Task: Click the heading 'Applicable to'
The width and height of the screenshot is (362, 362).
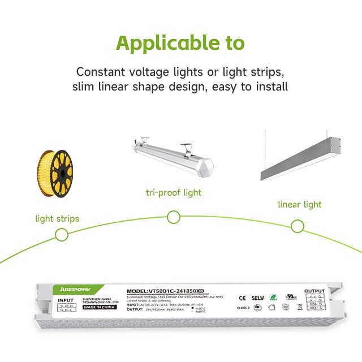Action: pyautogui.click(x=180, y=44)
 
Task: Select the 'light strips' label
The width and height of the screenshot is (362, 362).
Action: pyautogui.click(x=57, y=218)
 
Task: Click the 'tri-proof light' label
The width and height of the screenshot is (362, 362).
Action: pyautogui.click(x=173, y=192)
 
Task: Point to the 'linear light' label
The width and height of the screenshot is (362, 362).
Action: pyautogui.click(x=299, y=204)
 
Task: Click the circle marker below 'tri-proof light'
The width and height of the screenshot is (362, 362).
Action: pyautogui.click(x=174, y=217)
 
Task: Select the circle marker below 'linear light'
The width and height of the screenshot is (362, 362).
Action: pyautogui.click(x=298, y=226)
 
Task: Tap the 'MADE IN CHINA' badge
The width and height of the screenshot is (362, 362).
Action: pyautogui.click(x=103, y=308)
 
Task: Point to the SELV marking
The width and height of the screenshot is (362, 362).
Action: pyautogui.click(x=258, y=296)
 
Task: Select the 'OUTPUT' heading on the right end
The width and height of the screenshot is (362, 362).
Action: pyautogui.click(x=314, y=291)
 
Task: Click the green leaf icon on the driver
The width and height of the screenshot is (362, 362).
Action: pyautogui.click(x=275, y=296)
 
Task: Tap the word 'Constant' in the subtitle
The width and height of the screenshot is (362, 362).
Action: pyautogui.click(x=100, y=72)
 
